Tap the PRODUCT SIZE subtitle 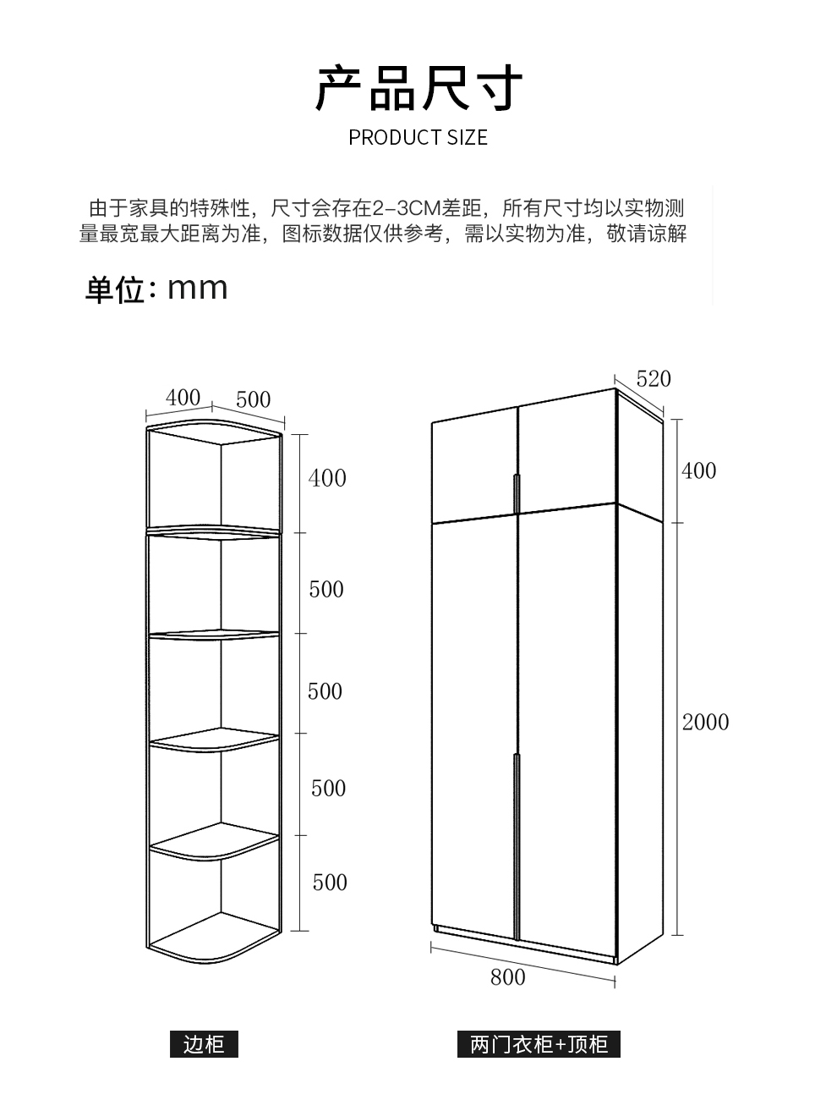(418, 138)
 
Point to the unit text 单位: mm (156, 289)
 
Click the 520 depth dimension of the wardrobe (654, 378)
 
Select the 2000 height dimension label (705, 722)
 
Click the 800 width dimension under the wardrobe (507, 977)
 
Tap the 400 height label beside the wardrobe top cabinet (698, 470)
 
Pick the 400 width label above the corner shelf (183, 397)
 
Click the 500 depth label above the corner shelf (253, 399)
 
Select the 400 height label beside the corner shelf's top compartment (327, 478)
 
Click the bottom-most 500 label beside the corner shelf (330, 883)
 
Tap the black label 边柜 (204, 1044)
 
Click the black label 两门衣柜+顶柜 (539, 1044)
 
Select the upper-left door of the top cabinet (473, 465)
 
